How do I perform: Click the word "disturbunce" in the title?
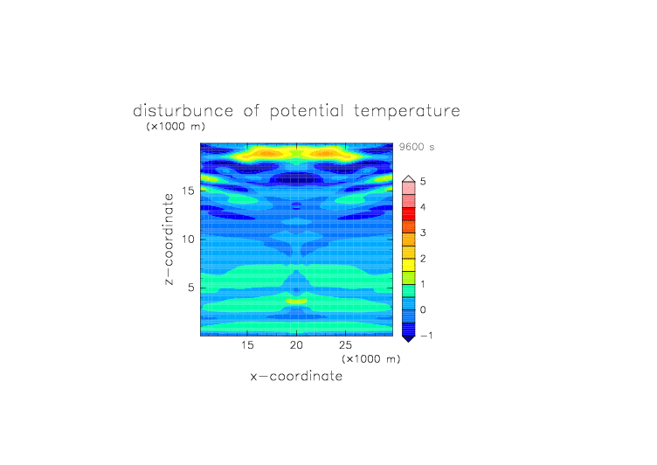[x=183, y=111]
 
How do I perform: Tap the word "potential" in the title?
[x=307, y=112]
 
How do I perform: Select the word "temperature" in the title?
[x=407, y=112]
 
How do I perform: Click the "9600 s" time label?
[x=417, y=147]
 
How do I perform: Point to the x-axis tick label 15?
[x=247, y=345]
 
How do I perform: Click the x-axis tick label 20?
[x=296, y=345]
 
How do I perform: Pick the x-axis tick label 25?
[x=345, y=345]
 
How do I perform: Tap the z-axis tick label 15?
[x=188, y=191]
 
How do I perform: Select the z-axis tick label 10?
[x=188, y=239]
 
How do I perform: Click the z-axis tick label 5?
[x=191, y=288]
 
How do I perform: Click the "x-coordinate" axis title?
[x=296, y=376]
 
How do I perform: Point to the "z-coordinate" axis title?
[x=169, y=239]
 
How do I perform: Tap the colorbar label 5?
[x=423, y=182]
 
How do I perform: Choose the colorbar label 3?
[x=423, y=232]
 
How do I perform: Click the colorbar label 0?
[x=423, y=310]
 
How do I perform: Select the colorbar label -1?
[x=426, y=336]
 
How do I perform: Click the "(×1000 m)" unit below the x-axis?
[x=370, y=359]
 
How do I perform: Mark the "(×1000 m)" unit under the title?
[x=176, y=127]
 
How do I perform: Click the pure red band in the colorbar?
[x=409, y=214]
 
